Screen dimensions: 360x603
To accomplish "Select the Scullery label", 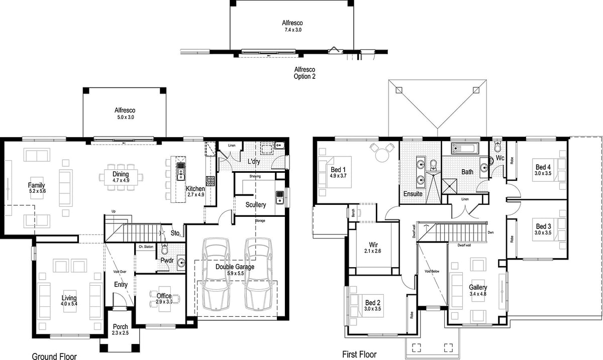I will (x=255, y=205).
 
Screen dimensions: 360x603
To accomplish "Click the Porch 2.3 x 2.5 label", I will (x=120, y=330).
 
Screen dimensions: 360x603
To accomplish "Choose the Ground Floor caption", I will (x=54, y=356).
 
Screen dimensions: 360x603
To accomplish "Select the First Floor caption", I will (x=359, y=354).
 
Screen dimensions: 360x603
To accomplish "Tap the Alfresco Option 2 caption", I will (x=305, y=73).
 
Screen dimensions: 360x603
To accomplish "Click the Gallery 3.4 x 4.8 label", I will (x=478, y=290).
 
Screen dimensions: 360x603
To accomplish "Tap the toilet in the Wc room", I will (x=497, y=147).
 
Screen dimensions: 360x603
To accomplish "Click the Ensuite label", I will (x=413, y=193).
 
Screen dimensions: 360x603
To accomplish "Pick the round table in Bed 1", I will (x=380, y=151).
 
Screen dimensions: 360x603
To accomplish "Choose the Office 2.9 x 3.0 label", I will (x=164, y=299).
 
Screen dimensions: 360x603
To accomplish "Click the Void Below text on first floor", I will (x=432, y=271).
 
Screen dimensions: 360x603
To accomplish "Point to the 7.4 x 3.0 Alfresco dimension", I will (x=292, y=30).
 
